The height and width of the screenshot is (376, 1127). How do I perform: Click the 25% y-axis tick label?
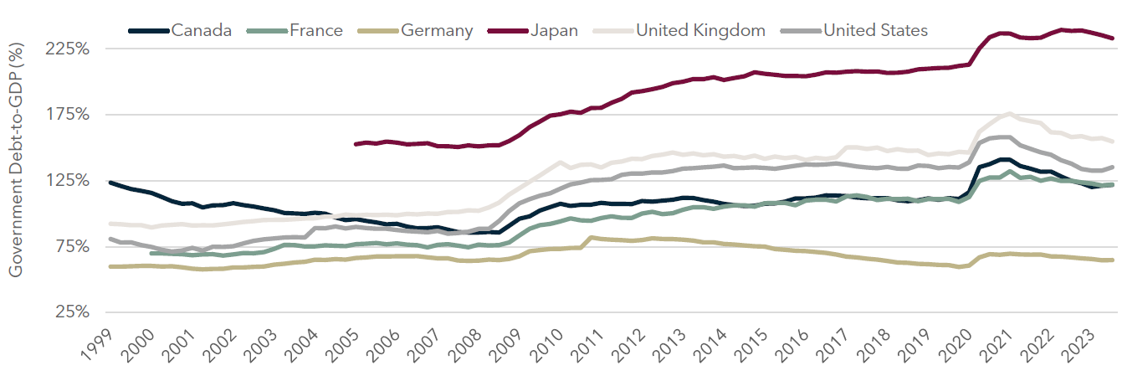point(74,312)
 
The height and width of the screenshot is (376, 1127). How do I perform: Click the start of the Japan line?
point(356,144)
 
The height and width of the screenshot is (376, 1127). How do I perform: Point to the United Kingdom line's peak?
point(1011,114)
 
